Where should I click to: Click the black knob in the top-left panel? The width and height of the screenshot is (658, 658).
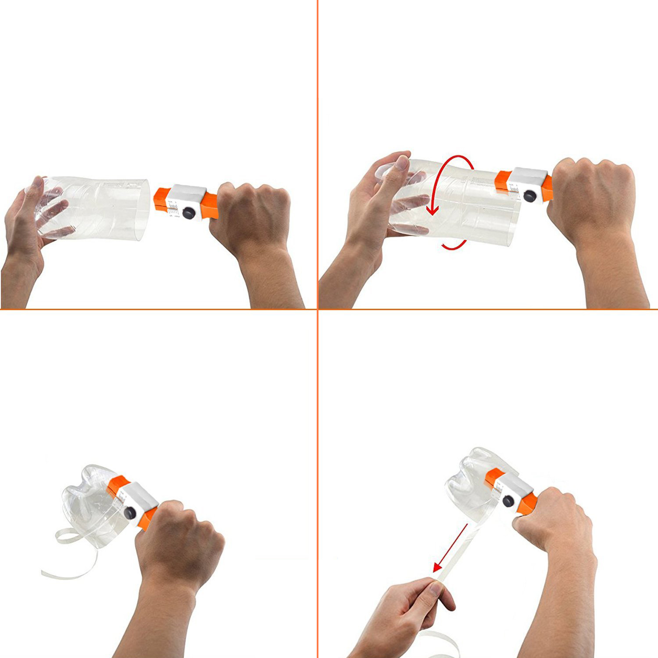pyautogui.click(x=189, y=213)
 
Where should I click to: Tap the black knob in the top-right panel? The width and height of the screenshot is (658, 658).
pyautogui.click(x=530, y=196)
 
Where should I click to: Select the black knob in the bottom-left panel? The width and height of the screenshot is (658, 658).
pyautogui.click(x=130, y=512)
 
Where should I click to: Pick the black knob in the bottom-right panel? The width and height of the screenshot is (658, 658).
pyautogui.click(x=508, y=500)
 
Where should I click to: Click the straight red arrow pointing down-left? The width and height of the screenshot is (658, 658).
pyautogui.click(x=450, y=548)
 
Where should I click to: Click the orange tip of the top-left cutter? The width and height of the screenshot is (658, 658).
pyautogui.click(x=161, y=197)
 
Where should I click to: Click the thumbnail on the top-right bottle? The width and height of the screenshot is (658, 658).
pyautogui.click(x=401, y=163)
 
